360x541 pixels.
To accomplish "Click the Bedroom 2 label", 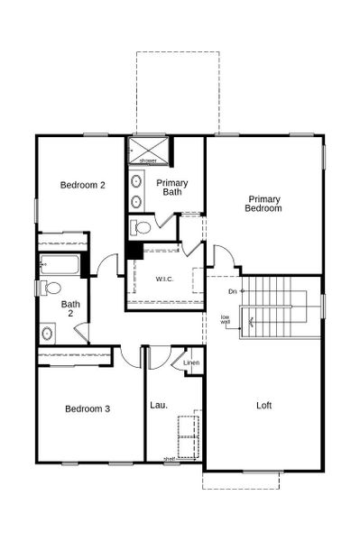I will [83, 185].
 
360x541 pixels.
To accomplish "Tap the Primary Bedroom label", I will [263, 204].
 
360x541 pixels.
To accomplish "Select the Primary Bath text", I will [173, 187].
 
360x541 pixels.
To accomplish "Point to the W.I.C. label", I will [164, 279].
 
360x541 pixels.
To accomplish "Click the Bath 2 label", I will [70, 309].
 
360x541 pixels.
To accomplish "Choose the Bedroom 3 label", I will [88, 408].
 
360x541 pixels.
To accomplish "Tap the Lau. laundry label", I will [159, 405].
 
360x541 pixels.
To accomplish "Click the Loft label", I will [263, 405].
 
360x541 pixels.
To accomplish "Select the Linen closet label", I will [190, 362].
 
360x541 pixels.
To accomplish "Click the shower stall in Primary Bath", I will [148, 150].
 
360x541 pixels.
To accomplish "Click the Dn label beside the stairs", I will [233, 291].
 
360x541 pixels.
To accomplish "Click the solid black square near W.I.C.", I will [134, 250].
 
